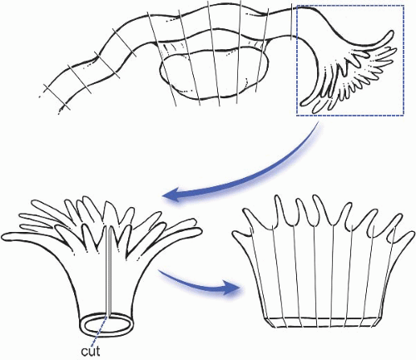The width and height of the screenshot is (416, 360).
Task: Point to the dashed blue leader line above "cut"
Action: point(99,330)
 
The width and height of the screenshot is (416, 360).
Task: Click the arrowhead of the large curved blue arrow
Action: point(173,195)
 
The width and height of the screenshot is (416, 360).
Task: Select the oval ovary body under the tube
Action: point(214,75)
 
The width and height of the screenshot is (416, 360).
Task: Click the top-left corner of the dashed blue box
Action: point(297,6)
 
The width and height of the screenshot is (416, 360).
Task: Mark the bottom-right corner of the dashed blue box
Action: point(404,115)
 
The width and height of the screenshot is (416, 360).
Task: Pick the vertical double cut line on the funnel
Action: point(109,271)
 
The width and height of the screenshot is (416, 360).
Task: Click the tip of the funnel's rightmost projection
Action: point(199,231)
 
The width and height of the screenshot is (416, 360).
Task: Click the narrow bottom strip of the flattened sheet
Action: point(321,322)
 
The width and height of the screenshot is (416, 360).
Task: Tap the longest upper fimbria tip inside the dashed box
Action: point(390,32)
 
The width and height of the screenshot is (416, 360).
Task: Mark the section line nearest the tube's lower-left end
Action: point(57,96)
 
